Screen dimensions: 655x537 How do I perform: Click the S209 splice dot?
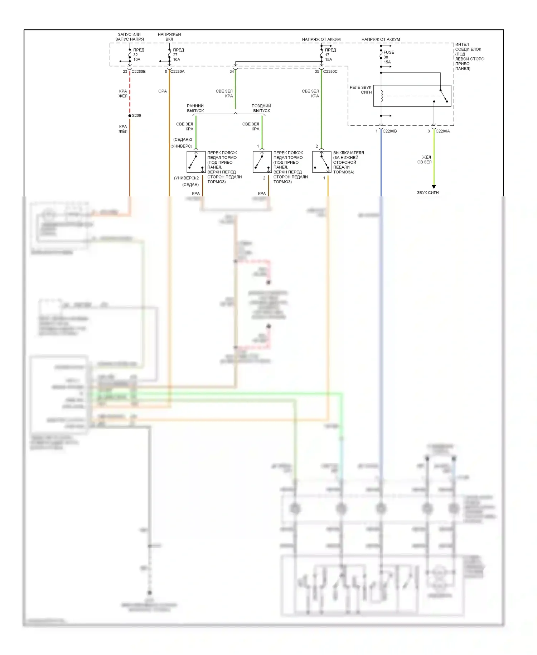pyautogui.click(x=130, y=116)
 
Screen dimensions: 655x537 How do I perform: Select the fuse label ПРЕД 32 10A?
pyautogui.click(x=138, y=55)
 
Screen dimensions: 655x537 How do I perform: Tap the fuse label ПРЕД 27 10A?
pyautogui.click(x=178, y=55)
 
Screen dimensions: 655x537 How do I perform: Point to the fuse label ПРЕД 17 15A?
pyautogui.click(x=330, y=55)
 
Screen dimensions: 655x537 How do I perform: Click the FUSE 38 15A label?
pyautogui.click(x=388, y=57)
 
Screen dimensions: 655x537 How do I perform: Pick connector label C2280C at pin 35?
pyautogui.click(x=330, y=72)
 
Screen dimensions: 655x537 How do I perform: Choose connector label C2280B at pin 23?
pyautogui.click(x=139, y=72)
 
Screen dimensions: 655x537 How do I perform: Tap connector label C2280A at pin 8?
pyautogui.click(x=177, y=72)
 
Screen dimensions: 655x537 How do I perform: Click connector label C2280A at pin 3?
pyautogui.click(x=442, y=131)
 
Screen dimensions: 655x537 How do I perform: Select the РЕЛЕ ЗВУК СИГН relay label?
pyautogui.click(x=361, y=90)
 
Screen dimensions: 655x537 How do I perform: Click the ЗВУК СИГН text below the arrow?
pyautogui.click(x=427, y=193)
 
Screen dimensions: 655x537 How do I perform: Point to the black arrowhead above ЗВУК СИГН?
pyautogui.click(x=434, y=187)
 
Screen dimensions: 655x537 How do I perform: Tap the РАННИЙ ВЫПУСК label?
pyautogui.click(x=195, y=108)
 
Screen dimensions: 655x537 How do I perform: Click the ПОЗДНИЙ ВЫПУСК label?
pyautogui.click(x=261, y=108)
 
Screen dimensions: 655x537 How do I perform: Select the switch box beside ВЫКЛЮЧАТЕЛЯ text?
pyautogui.click(x=321, y=162)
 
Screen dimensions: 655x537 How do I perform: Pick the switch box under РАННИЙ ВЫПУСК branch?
pyautogui.click(x=196, y=162)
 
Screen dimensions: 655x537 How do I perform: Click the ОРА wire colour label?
pyautogui.click(x=163, y=91)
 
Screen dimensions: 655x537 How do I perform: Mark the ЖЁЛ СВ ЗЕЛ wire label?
pyautogui.click(x=425, y=160)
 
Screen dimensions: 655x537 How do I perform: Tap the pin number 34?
pyautogui.click(x=232, y=72)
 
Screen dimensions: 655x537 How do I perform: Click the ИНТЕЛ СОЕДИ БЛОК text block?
pyautogui.click(x=469, y=57)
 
